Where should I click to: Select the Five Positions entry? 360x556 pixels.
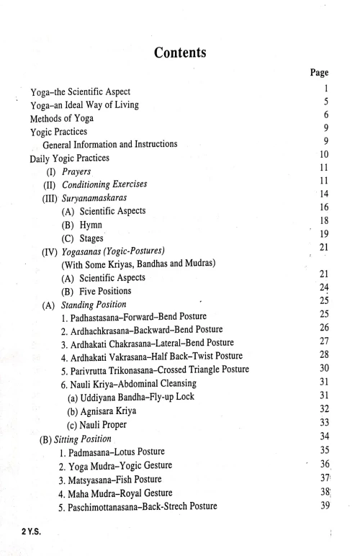(107, 291)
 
